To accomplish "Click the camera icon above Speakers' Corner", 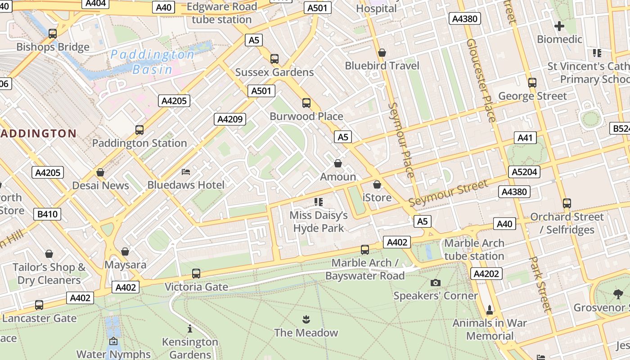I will [x=435, y=283].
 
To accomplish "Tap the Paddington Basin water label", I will [x=153, y=62].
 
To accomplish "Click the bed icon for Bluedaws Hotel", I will [x=186, y=172].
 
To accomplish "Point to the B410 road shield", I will [x=47, y=214].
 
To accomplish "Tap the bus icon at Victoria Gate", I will [x=196, y=273].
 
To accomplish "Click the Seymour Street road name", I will [x=448, y=193].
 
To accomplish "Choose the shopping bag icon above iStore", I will [x=377, y=184].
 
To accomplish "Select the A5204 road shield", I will [x=524, y=172].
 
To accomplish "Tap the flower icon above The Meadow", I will [x=306, y=320].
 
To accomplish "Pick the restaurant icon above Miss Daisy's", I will [x=319, y=202].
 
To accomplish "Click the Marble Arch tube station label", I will [x=474, y=250].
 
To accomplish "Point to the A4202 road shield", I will [x=486, y=274].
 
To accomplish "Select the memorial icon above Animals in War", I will [x=490, y=310].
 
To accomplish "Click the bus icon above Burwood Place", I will [x=306, y=103].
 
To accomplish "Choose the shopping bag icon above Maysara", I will [x=125, y=252].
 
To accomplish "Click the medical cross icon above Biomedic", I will [x=559, y=26].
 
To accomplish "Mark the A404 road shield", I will [x=95, y=4].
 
